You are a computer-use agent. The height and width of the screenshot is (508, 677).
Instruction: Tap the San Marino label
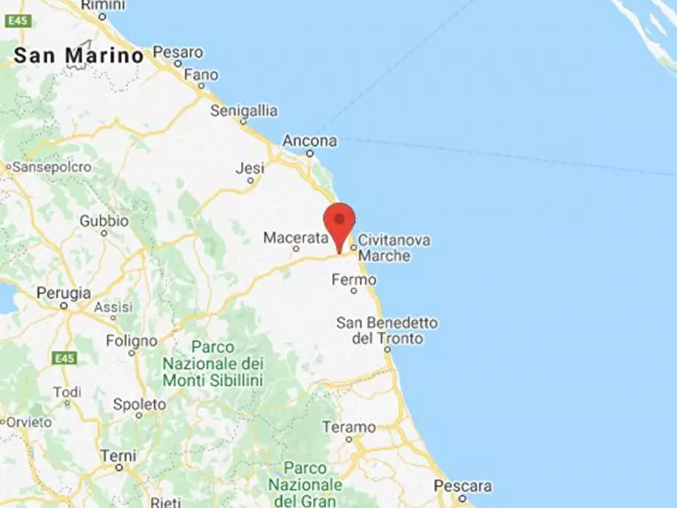[x=79, y=55]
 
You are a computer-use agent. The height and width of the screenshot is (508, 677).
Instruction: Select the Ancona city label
[x=309, y=141]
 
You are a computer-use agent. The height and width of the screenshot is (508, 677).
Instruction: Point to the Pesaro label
[x=178, y=52]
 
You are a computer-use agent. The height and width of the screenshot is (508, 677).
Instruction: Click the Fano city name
[x=201, y=75]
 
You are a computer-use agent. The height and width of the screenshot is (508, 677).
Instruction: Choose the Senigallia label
[x=243, y=111]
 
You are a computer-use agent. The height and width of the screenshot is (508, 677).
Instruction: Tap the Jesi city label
[x=249, y=168]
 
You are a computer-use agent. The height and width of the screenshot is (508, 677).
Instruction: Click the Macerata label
[x=296, y=238]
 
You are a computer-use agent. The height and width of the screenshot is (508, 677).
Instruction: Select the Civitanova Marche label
[x=394, y=248]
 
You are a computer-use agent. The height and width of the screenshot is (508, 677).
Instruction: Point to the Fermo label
[x=353, y=280]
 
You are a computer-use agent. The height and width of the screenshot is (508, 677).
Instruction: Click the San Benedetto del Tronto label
[x=387, y=331]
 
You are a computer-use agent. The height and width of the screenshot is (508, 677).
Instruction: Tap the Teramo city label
[x=349, y=427]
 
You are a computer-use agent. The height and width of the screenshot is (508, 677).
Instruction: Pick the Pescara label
[x=462, y=486]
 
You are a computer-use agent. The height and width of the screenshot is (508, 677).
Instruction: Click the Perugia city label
[x=64, y=293]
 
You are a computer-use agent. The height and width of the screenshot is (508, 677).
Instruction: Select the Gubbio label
[x=104, y=221]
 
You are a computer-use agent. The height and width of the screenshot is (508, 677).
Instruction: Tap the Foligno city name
[x=131, y=340]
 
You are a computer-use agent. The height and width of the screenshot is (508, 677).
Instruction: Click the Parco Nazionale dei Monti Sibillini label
[x=212, y=363]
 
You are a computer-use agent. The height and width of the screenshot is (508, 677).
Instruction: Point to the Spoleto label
[x=139, y=404]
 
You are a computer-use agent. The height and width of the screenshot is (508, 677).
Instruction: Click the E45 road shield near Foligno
[x=65, y=357]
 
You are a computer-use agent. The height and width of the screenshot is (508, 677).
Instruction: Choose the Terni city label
[x=118, y=456]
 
